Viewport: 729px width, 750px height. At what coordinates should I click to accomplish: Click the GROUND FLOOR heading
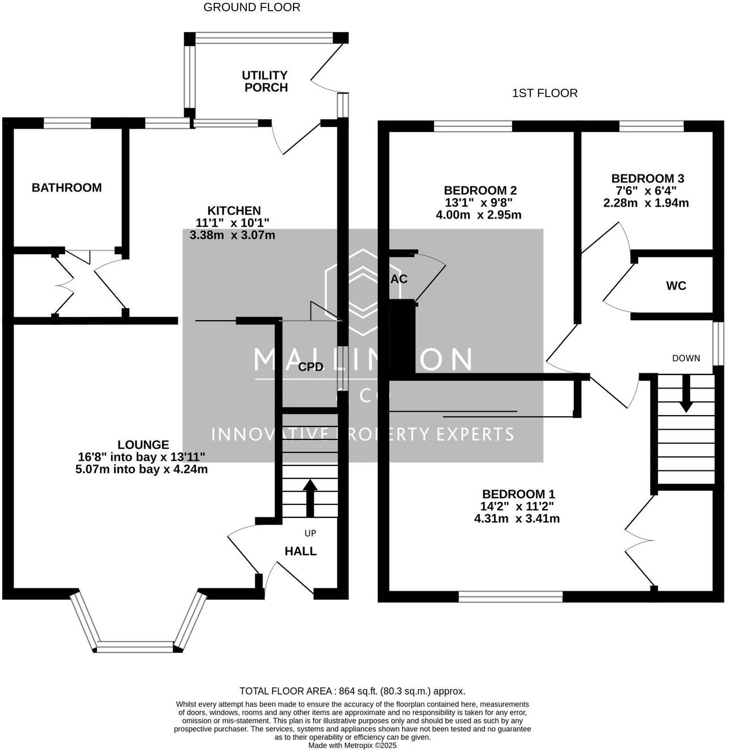(251, 7)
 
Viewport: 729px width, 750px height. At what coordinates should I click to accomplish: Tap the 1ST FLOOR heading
(544, 93)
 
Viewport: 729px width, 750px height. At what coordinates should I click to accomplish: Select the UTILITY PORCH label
(265, 81)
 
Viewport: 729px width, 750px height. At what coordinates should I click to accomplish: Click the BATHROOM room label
(67, 187)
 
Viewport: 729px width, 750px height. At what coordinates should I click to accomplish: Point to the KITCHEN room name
(234, 211)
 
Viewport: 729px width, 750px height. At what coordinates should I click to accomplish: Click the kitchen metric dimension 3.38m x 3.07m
(233, 235)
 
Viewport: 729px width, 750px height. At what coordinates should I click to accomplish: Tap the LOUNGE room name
(143, 445)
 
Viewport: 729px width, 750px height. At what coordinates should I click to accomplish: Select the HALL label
(300, 551)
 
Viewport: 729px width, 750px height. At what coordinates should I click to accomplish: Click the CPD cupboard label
(311, 367)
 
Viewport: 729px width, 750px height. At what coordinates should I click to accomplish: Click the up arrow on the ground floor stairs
(310, 498)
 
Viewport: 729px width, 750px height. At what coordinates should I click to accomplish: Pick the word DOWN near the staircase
(686, 358)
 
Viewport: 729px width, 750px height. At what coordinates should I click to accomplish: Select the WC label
(676, 286)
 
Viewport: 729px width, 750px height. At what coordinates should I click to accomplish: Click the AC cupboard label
(399, 279)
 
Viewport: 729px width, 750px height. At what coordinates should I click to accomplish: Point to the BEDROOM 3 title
(647, 178)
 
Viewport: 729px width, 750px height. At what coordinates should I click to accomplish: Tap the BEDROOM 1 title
(518, 494)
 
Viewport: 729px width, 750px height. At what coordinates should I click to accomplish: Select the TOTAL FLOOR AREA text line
(352, 691)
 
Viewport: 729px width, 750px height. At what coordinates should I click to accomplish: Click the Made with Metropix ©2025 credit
(352, 745)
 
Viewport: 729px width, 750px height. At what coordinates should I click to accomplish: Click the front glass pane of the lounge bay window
(135, 647)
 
